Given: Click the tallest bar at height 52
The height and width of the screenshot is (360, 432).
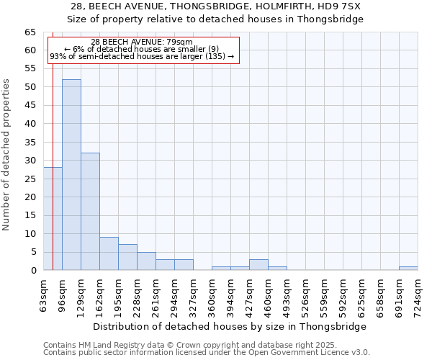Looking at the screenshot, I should point(71,174).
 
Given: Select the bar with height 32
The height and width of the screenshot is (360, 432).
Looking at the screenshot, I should point(90,211).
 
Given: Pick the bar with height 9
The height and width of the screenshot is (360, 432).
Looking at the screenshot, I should point(109,253).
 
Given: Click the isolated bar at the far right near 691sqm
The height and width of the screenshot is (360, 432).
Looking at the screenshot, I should point(408,268).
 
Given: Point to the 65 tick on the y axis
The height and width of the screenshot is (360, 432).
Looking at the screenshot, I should point(31,32).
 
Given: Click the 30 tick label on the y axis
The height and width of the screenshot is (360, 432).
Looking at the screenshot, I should point(31,161).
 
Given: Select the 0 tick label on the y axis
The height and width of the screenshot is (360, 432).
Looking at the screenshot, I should point(33,271).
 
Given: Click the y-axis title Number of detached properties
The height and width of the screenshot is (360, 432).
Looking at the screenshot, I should point(6,156).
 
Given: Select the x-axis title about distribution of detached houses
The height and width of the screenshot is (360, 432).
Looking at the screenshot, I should point(230,326).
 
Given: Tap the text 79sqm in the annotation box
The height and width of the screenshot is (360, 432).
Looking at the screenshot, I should point(179,42).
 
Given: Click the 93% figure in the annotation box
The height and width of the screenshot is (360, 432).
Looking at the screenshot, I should point(57,56).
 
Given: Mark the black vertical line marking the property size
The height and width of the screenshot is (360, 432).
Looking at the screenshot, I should point(53,144).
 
